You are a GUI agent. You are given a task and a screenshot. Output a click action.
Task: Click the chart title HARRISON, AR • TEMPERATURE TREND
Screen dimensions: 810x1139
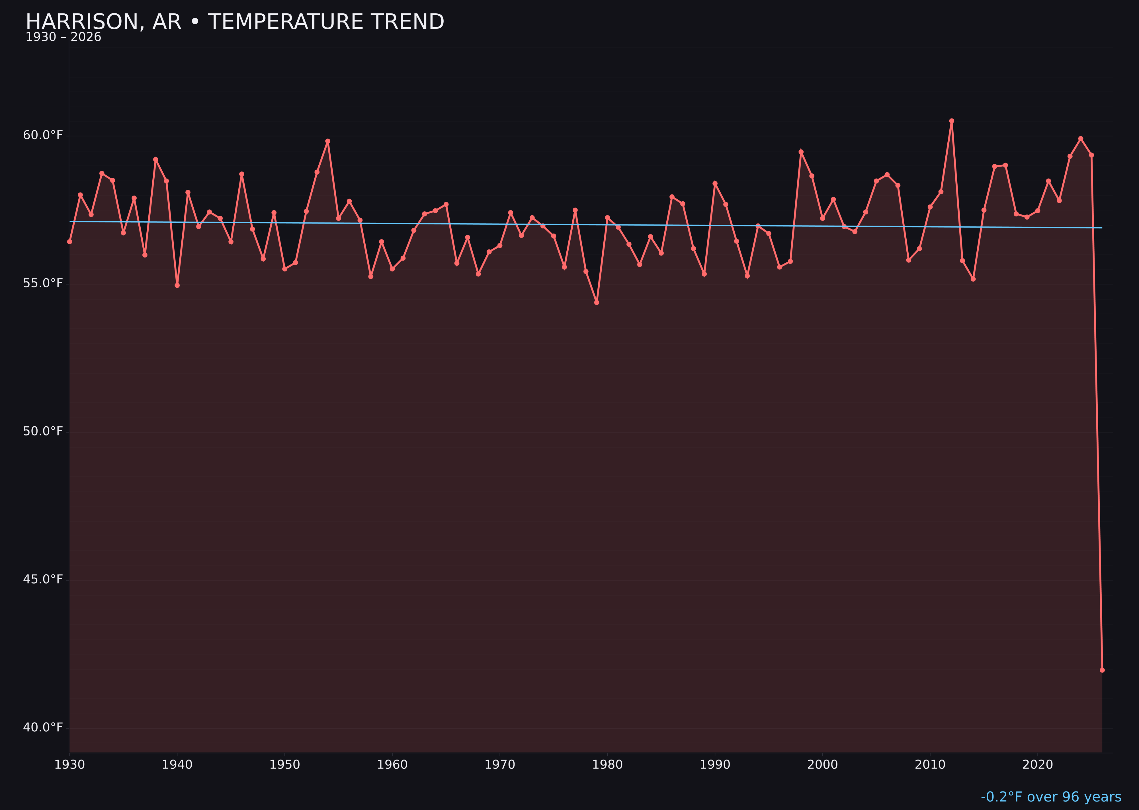click(234, 22)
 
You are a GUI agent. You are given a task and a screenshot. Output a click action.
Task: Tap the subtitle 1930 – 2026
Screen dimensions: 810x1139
click(63, 37)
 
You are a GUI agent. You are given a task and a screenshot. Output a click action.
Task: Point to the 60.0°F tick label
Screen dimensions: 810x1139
click(43, 135)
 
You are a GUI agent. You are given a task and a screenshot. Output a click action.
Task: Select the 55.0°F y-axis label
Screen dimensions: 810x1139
click(43, 283)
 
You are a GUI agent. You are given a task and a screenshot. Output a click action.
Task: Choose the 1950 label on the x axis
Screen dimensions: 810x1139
click(285, 765)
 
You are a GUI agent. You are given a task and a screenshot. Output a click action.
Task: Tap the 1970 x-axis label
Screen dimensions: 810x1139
click(500, 765)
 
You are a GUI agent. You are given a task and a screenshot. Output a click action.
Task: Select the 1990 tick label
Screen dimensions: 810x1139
click(715, 765)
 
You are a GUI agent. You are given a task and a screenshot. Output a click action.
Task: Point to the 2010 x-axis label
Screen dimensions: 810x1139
click(930, 765)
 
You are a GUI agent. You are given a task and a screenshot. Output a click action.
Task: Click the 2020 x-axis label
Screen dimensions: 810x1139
click(1038, 765)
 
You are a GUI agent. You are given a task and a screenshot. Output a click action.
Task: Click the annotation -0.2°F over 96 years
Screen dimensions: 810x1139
click(1051, 797)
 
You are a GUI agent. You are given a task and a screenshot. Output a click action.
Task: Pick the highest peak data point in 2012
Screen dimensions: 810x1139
click(952, 121)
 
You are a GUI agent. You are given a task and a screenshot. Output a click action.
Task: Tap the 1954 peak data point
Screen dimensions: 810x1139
click(328, 141)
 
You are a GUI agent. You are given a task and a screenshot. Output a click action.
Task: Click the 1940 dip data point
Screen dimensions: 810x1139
click(177, 285)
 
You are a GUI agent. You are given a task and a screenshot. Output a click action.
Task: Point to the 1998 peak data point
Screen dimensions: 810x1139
click(801, 152)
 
